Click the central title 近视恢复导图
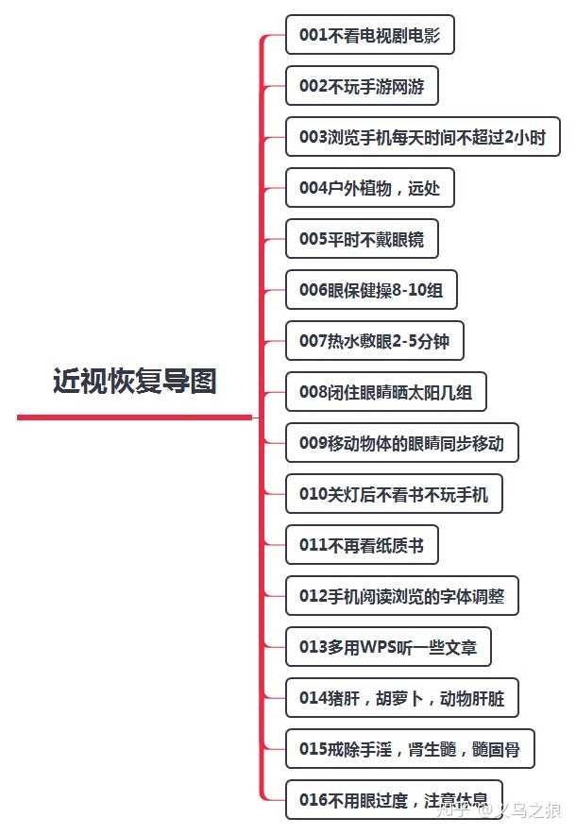click(x=135, y=381)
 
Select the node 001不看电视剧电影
click(x=369, y=36)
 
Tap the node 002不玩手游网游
click(x=362, y=87)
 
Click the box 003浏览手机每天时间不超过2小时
click(x=422, y=138)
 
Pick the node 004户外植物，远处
click(x=369, y=188)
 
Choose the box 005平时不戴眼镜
click(x=362, y=239)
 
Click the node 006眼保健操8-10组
click(x=371, y=290)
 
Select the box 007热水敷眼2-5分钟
click(x=374, y=341)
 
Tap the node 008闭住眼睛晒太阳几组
click(x=385, y=392)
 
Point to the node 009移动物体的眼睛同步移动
click(x=401, y=443)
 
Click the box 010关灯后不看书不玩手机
click(x=394, y=494)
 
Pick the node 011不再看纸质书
click(x=362, y=545)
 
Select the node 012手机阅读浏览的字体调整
click(x=401, y=596)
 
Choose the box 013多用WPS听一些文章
click(x=388, y=647)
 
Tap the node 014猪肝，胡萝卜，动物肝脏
click(x=401, y=698)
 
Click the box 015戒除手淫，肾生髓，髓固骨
click(x=409, y=749)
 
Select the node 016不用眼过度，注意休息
click(x=394, y=800)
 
